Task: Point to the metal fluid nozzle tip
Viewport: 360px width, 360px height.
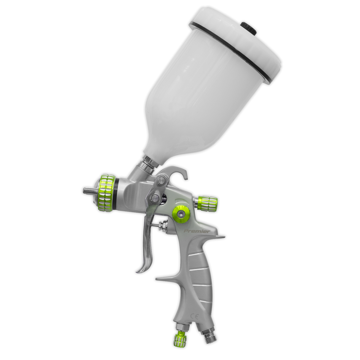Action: coord(87,191)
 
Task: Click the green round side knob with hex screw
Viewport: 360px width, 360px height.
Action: coord(180,213)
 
